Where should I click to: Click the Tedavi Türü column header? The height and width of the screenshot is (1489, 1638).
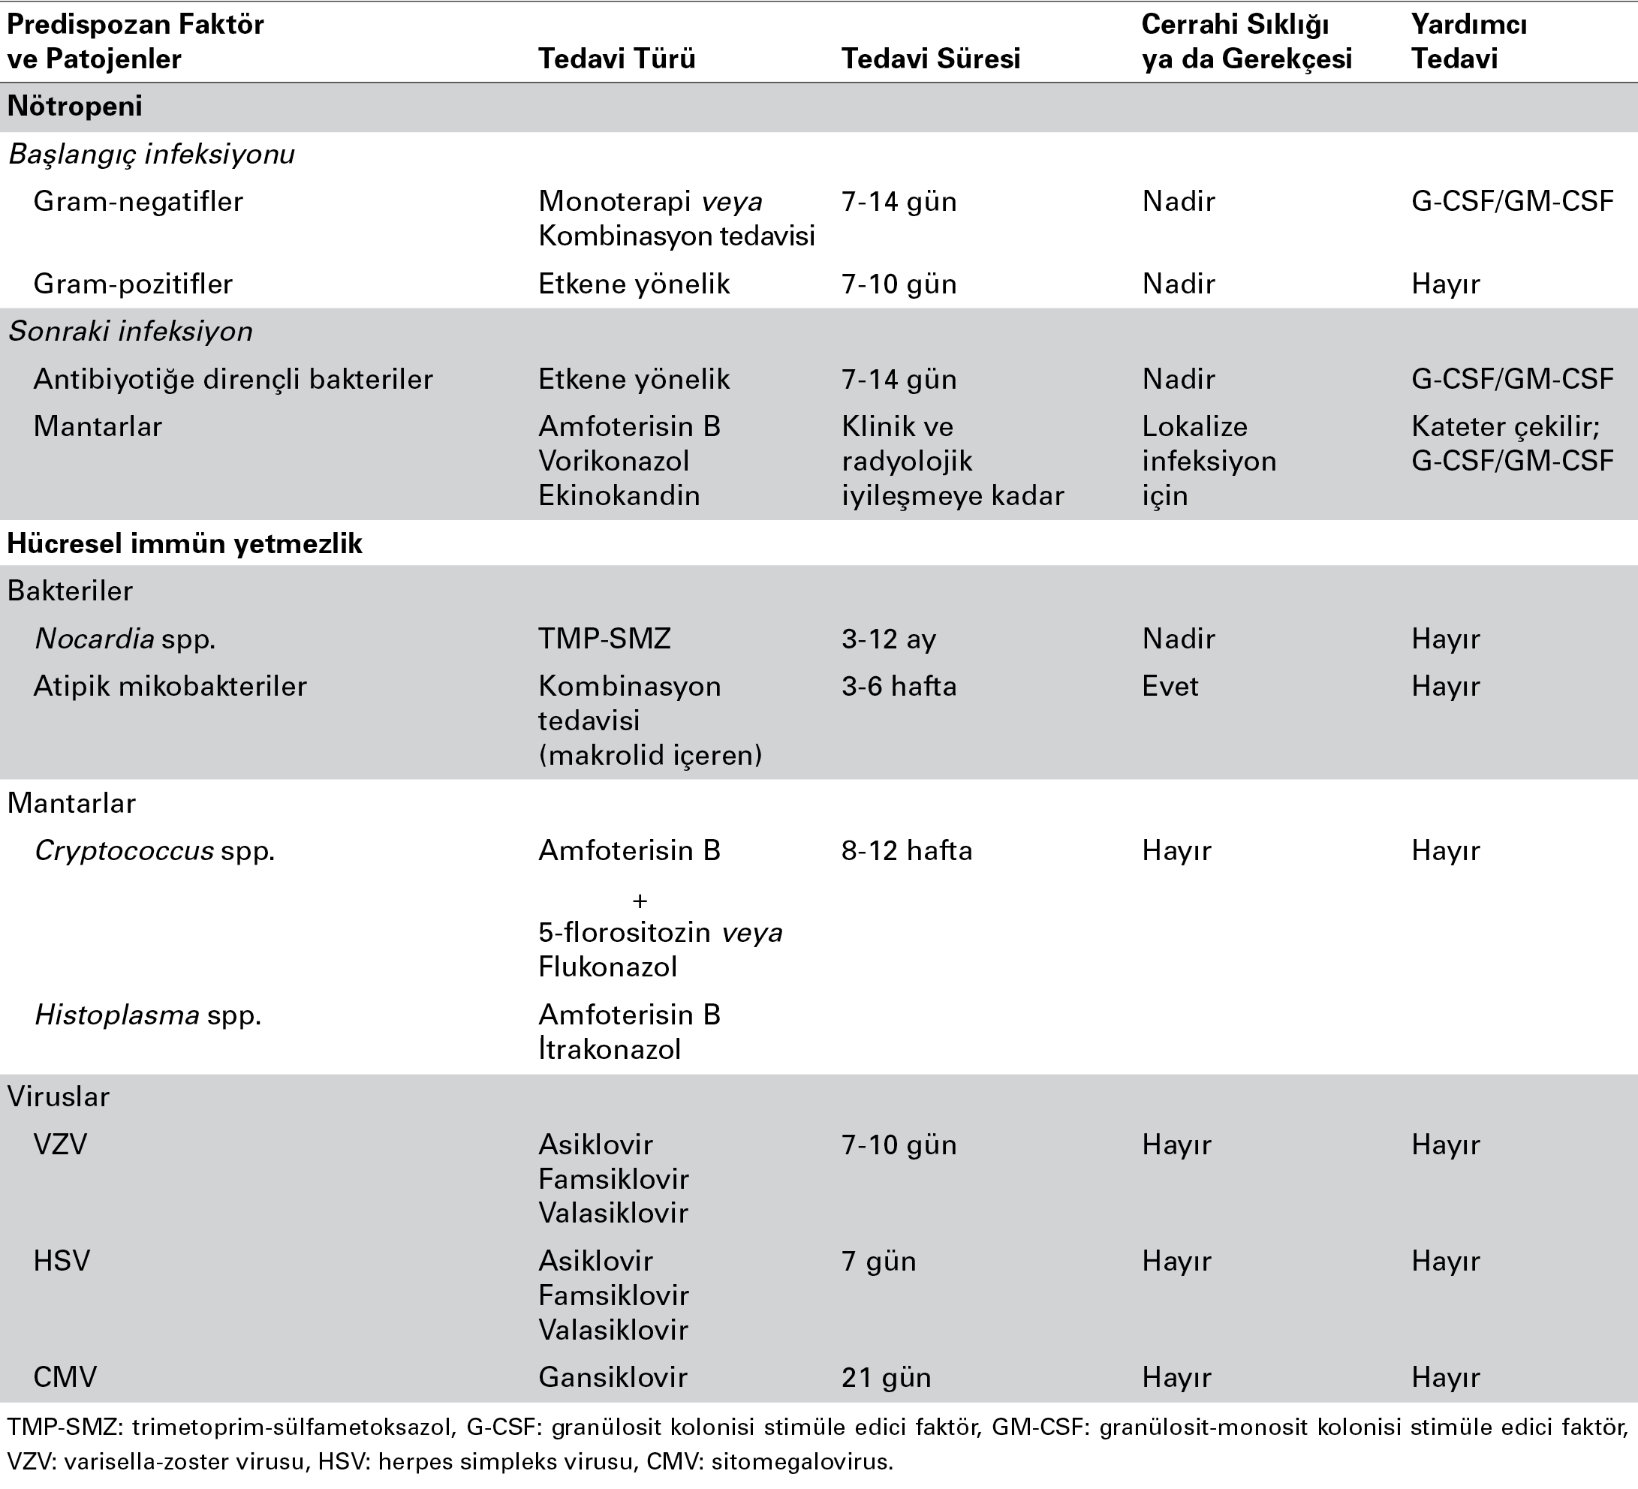(616, 59)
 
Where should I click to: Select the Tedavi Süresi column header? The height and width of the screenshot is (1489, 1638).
(930, 59)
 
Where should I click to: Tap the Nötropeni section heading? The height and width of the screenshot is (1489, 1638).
(75, 106)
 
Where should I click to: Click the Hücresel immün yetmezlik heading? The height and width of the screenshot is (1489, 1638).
(185, 543)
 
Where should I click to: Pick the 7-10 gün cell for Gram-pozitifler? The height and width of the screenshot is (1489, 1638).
(899, 284)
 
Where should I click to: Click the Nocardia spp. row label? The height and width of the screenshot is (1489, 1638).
(125, 639)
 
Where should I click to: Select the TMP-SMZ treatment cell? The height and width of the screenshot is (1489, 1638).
(604, 639)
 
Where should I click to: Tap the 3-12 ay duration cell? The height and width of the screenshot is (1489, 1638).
(888, 639)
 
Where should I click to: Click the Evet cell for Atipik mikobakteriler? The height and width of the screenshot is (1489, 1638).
(1170, 686)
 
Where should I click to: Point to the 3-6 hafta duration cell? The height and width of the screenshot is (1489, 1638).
(899, 686)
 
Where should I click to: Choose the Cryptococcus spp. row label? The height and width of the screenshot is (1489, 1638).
(155, 850)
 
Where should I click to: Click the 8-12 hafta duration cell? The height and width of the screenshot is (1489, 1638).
(907, 850)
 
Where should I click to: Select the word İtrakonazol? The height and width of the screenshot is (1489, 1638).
(610, 1048)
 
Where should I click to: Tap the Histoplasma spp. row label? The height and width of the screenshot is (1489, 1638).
(148, 1015)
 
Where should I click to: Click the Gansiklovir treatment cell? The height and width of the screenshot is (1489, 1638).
(613, 1377)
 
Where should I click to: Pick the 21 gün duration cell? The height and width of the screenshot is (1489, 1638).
(886, 1377)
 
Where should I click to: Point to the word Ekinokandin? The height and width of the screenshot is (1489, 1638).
(619, 495)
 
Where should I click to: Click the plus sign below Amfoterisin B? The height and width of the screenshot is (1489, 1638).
(640, 901)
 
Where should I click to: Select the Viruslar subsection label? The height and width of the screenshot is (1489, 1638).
(59, 1096)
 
